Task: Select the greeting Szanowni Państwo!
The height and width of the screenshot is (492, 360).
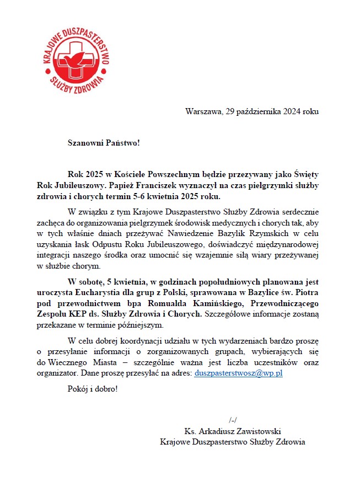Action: point(104,143)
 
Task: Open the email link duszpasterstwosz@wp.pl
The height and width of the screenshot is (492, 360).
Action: point(239,373)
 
